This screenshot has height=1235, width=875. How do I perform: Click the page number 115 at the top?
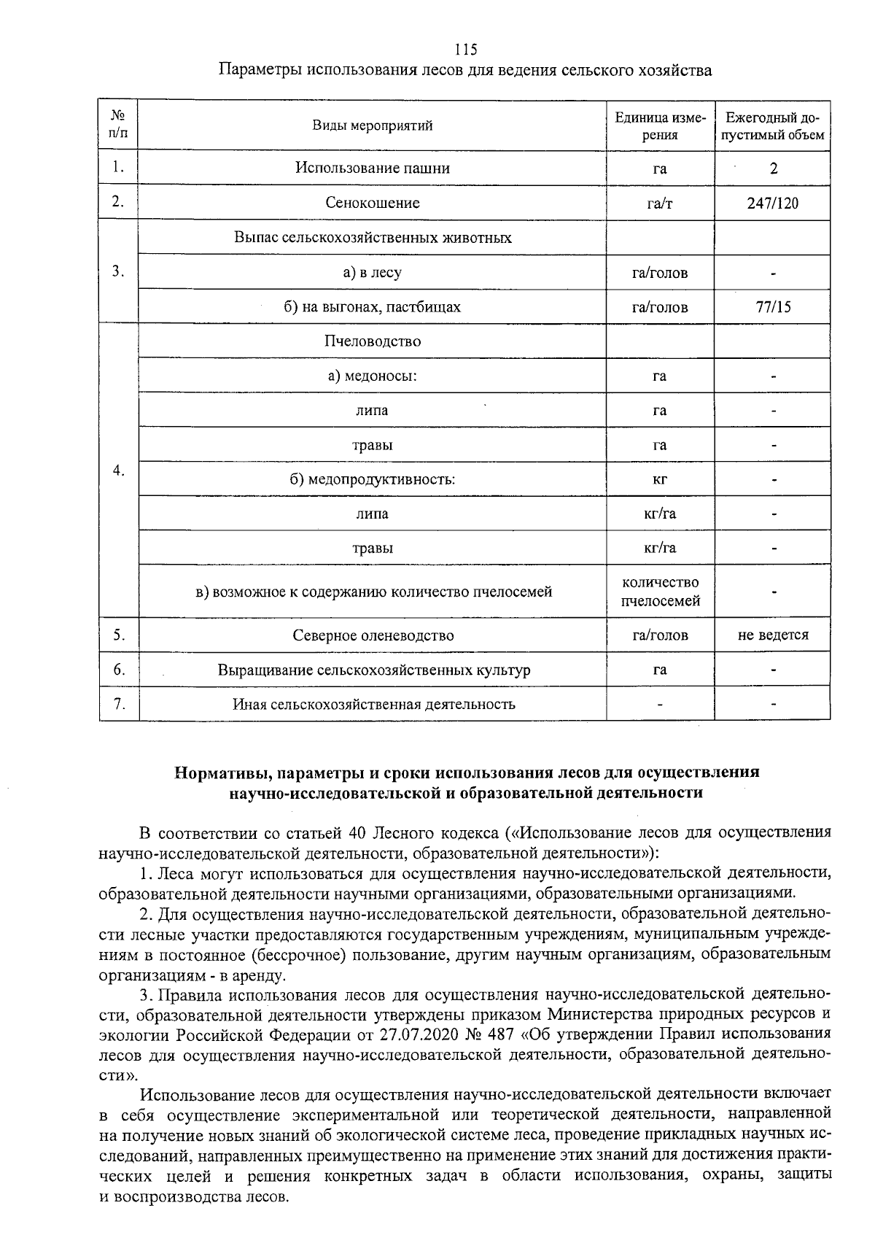point(465,50)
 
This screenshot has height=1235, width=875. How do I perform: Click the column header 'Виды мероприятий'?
point(373,125)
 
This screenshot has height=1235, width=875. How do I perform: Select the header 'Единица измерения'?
point(660,125)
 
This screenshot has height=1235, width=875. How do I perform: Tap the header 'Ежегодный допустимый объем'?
point(773,125)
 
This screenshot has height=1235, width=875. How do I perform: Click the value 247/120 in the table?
point(773,203)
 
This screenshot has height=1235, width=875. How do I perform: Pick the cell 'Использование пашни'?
point(373,168)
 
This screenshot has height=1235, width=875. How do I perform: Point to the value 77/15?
point(773,307)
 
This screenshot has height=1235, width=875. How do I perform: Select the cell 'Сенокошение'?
point(373,203)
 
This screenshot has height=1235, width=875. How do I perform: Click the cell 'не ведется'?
point(773,635)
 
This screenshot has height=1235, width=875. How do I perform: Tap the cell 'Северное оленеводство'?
point(373,635)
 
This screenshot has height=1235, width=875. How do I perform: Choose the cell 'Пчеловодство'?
point(373,341)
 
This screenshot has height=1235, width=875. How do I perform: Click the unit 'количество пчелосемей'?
point(660,592)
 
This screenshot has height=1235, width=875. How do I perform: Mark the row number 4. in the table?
point(119,471)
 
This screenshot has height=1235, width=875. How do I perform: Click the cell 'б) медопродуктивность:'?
point(373,480)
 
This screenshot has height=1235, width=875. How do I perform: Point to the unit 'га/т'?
point(660,204)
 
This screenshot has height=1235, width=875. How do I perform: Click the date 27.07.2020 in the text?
point(419,1034)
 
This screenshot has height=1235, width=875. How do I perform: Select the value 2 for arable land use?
point(774,169)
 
